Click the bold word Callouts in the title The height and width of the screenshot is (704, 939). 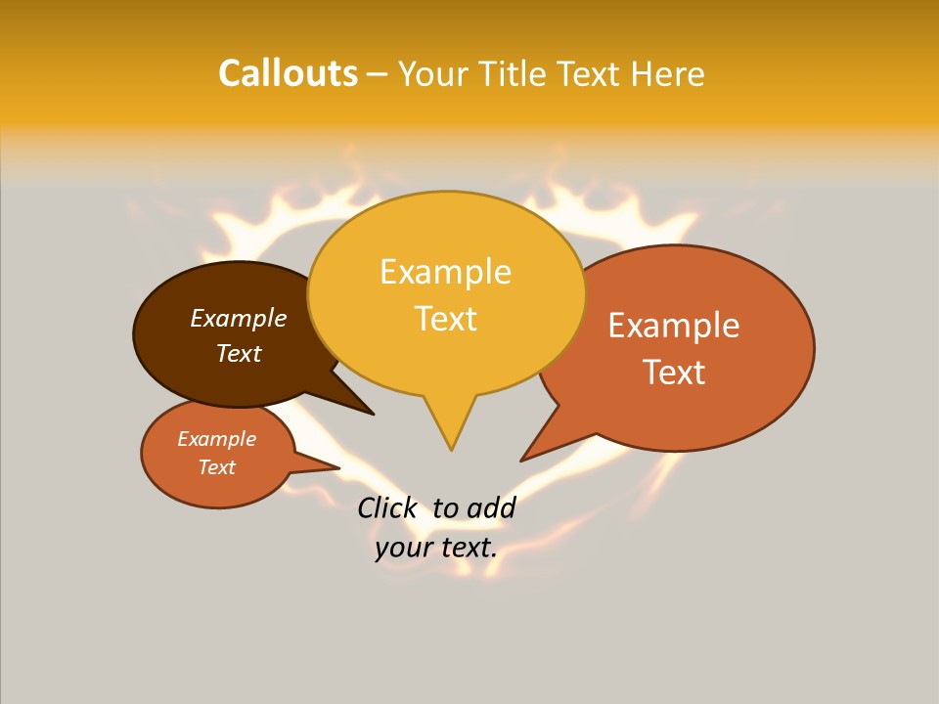tap(288, 73)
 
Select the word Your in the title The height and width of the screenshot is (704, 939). tap(432, 74)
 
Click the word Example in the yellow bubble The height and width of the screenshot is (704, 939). tap(445, 272)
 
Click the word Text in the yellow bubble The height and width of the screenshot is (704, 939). tap(446, 319)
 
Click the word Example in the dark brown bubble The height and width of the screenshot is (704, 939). tap(239, 319)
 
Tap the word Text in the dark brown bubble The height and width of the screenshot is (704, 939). tap(239, 353)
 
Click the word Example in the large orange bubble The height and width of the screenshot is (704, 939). tap(674, 326)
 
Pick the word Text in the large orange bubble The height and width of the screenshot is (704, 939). tap(674, 373)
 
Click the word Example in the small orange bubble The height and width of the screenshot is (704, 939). tap(216, 439)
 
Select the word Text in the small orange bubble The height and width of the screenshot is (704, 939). tap(216, 467)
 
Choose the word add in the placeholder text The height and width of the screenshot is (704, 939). tap(491, 507)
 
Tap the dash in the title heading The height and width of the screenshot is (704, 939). tap(378, 74)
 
